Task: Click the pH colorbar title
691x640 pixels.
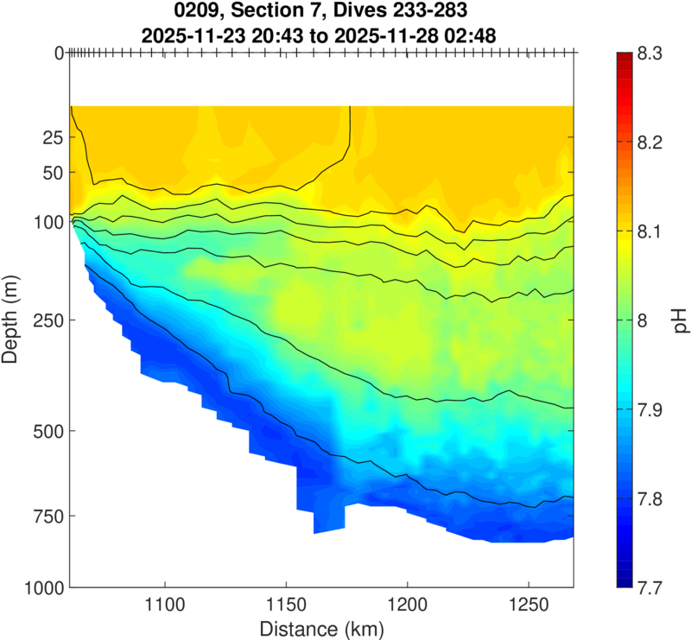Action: [x=681, y=320]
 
